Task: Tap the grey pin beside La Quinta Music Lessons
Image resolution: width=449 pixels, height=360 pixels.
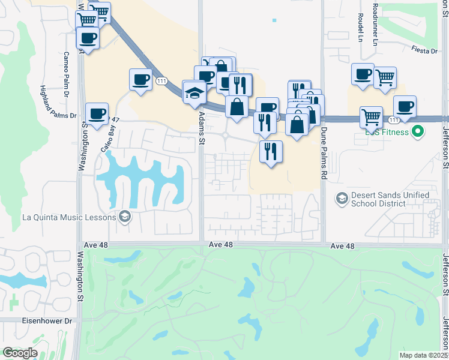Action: click(x=125, y=217)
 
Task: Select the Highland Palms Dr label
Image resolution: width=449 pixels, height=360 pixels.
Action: click(x=58, y=101)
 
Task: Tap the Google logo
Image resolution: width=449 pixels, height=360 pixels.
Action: click(x=20, y=353)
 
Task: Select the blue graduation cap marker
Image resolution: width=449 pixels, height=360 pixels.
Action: click(x=194, y=92)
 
